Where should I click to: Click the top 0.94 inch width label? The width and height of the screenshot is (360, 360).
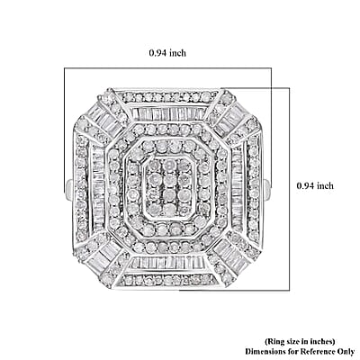(x=167, y=53)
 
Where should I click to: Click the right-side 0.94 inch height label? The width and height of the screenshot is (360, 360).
(x=315, y=185)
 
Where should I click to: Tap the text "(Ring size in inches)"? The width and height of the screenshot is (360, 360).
(x=300, y=341)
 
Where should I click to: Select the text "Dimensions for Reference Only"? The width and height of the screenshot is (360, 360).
(x=300, y=351)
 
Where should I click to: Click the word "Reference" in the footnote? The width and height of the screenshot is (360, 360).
(x=318, y=351)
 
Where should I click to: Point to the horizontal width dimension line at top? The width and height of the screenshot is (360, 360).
(x=167, y=68)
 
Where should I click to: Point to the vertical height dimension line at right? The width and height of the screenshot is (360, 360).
(x=289, y=189)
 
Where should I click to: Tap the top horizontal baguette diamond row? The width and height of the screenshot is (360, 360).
(x=169, y=114)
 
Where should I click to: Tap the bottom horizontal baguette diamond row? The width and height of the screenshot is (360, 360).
(x=170, y=263)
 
